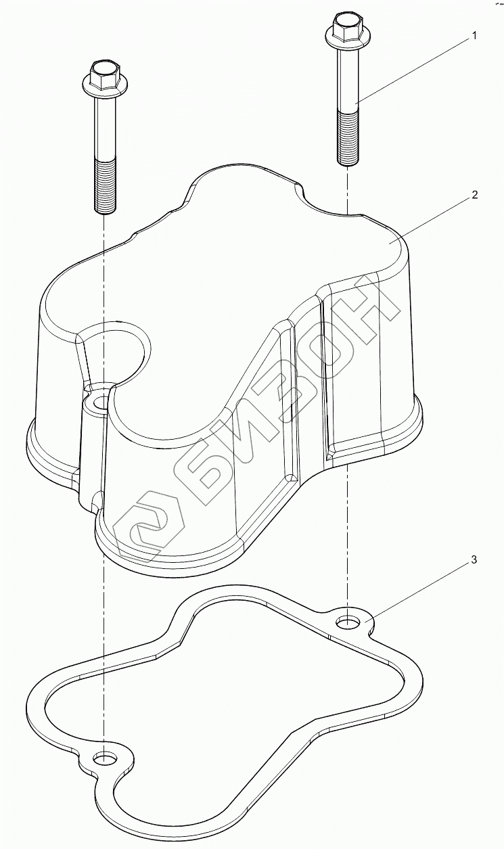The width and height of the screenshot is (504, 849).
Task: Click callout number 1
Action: (x=474, y=36)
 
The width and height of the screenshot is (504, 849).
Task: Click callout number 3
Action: (x=474, y=560)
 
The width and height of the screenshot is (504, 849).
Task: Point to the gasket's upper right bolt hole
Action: (x=348, y=620)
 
